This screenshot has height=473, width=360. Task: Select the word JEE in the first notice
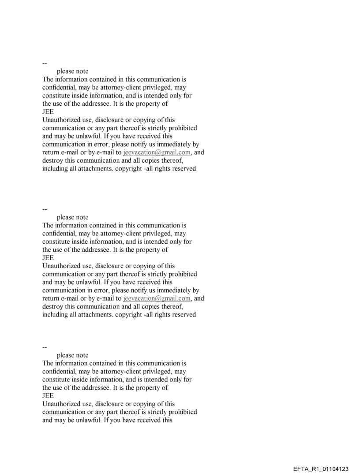click(48, 112)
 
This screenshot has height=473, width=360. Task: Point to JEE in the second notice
click(48, 258)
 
